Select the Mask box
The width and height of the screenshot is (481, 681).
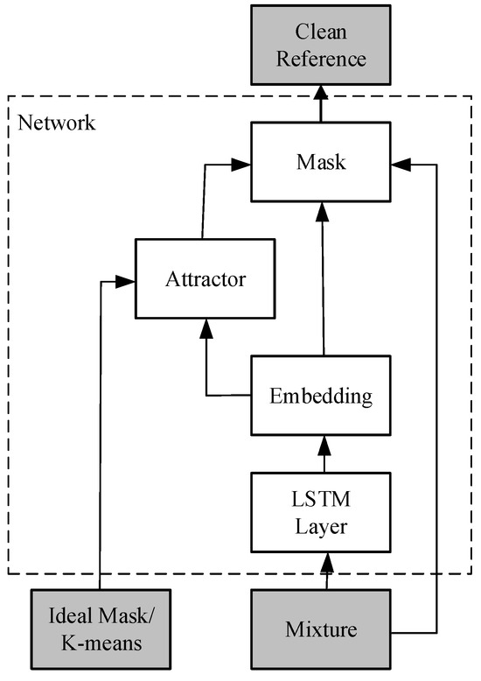321,162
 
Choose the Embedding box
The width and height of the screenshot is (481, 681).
321,396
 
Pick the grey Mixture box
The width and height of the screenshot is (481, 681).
321,628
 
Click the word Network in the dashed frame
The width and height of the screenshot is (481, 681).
57,122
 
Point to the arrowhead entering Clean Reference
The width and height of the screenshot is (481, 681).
321,87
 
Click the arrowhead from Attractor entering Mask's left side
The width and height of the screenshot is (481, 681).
244,163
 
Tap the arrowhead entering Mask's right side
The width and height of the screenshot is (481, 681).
399,163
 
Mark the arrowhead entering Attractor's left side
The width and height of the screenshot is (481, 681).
128,281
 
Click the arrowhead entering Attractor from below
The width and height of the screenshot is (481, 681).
206,326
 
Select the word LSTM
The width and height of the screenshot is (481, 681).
321,500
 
